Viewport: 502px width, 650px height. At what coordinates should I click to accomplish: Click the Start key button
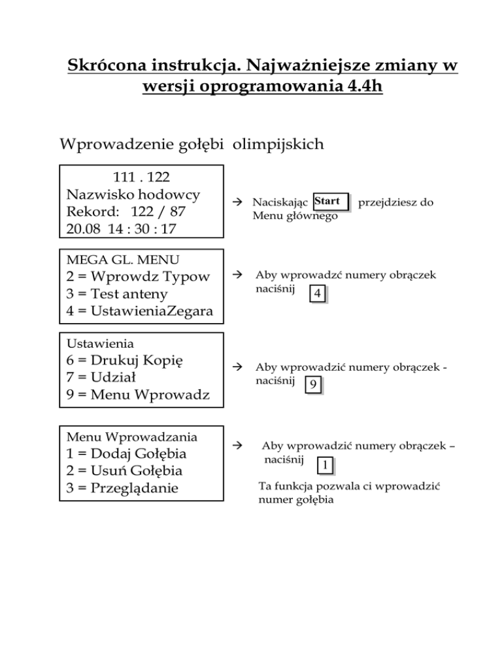(331, 202)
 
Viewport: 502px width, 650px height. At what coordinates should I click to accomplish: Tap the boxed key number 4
(316, 295)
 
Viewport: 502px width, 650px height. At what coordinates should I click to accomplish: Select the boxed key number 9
(314, 387)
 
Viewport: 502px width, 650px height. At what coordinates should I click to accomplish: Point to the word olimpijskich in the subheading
(275, 144)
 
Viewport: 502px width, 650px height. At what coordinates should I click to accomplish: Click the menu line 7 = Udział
(107, 378)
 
